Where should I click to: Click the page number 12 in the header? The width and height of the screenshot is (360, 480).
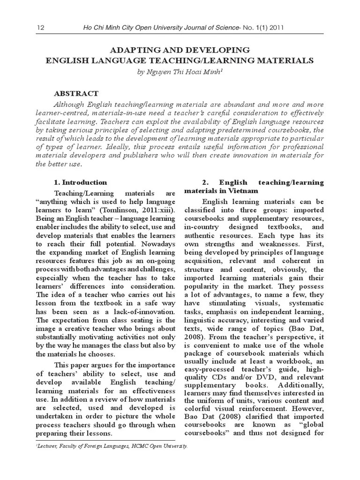pos(40,28)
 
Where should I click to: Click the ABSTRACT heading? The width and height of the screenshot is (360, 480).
pos(76,94)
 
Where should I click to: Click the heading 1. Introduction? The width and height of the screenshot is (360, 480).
pos(80,182)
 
